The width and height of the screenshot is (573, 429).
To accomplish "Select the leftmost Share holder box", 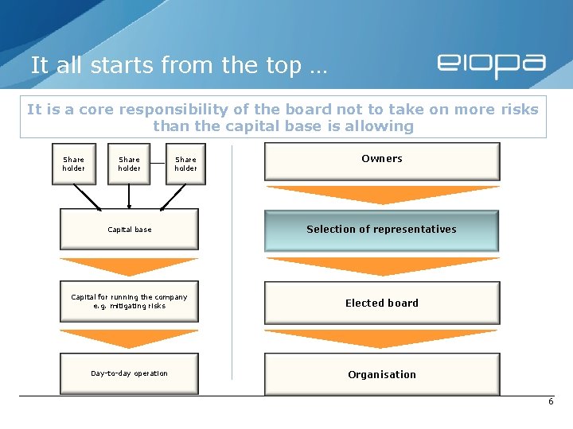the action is coord(73,164).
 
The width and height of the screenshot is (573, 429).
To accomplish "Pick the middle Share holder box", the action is coord(129,164).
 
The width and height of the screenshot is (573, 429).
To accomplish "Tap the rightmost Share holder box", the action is coord(185,164).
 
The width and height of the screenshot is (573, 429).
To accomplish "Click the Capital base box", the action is coord(129,230).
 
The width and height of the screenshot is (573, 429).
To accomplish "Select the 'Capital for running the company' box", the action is coord(129,301).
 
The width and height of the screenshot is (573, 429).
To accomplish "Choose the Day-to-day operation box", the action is coord(129,373).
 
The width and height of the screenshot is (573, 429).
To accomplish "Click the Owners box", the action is coord(382,161).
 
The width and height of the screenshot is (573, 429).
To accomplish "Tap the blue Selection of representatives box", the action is coord(382,230).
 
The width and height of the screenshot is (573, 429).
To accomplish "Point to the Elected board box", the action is coord(382,303).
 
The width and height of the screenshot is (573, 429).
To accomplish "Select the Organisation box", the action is coord(382,374).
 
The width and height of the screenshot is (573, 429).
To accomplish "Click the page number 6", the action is coord(550,402).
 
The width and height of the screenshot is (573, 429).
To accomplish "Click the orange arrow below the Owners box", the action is coord(382,194).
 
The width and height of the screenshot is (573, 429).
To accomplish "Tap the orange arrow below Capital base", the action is coord(129,265).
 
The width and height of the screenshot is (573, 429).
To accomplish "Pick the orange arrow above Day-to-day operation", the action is coord(129,337).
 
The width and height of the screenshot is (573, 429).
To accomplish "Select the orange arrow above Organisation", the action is coord(382,338).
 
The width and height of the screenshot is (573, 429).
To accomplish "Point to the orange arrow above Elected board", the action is coord(382,265).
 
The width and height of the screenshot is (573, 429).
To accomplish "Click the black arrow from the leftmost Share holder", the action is coord(86,197).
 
